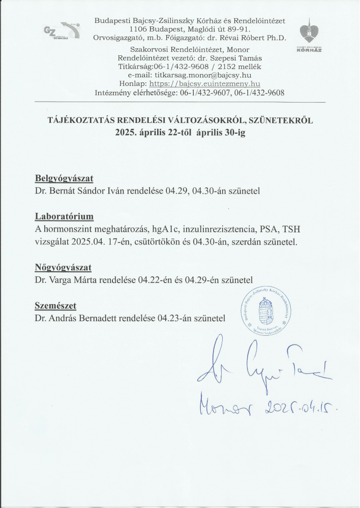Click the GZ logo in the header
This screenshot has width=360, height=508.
pos(62,32)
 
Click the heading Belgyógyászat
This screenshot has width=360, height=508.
pos(64,179)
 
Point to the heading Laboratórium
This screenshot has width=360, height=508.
pos(65,216)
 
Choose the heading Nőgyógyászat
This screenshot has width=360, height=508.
pos(63,267)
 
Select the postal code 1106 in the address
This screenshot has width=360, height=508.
pos(138,30)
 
